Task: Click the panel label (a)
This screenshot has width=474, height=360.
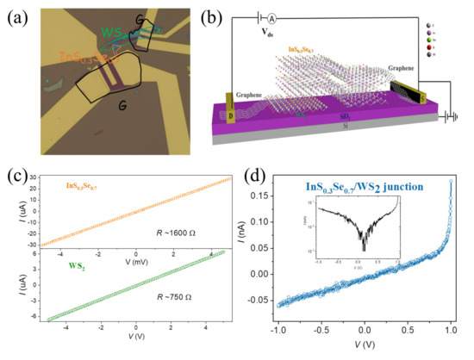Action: coord(20,16)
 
